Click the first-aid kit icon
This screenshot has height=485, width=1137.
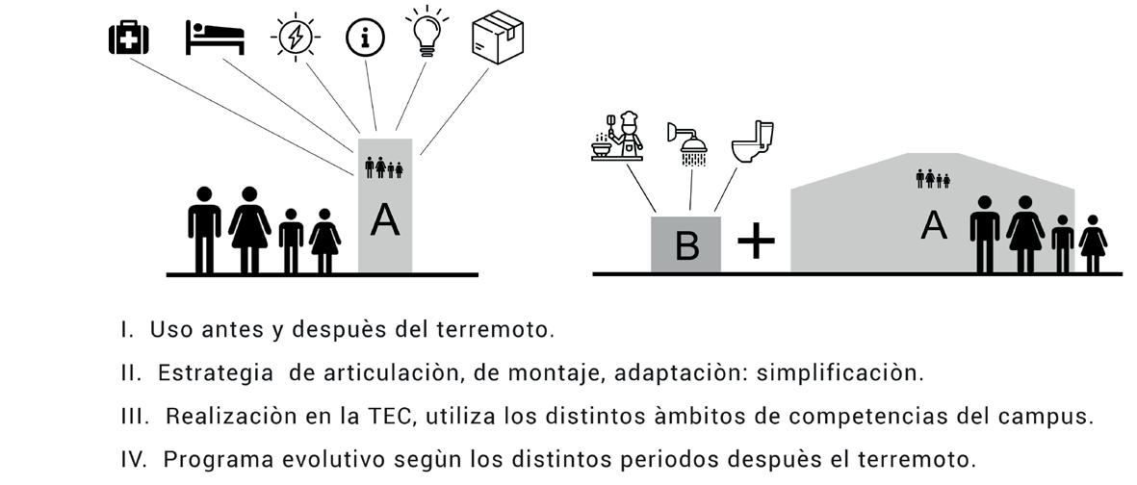click(x=128, y=38)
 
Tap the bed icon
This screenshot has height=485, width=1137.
click(x=215, y=38)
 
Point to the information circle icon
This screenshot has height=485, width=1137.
click(x=365, y=38)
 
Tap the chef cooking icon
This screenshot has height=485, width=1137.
click(x=617, y=136)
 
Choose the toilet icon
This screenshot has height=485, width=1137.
click(x=752, y=141)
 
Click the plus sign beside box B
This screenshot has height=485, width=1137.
click(x=756, y=242)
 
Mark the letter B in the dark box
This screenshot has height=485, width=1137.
click(x=686, y=246)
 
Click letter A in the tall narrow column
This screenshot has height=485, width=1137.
click(x=385, y=220)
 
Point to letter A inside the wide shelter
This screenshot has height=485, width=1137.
click(x=933, y=225)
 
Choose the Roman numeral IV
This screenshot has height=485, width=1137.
click(x=133, y=458)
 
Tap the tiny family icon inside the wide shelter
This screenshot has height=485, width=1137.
click(x=933, y=178)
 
